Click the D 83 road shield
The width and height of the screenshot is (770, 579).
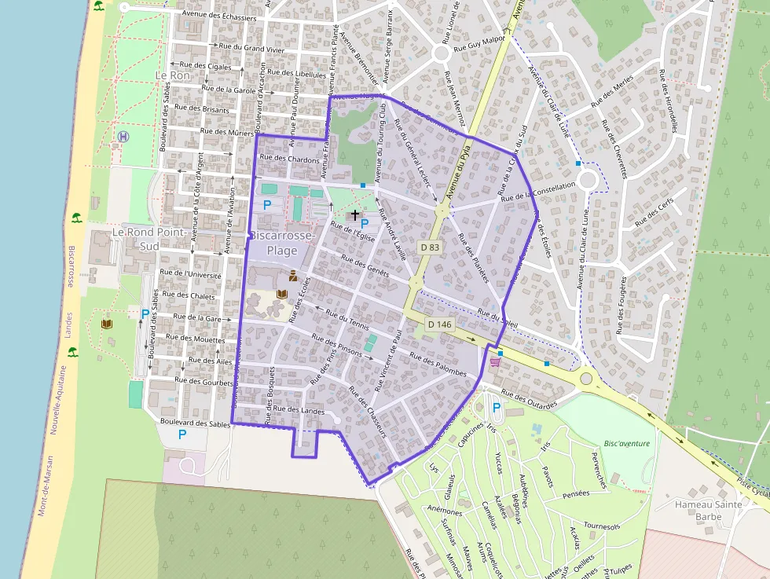[x=429, y=247]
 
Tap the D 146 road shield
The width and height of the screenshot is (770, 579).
[x=439, y=324]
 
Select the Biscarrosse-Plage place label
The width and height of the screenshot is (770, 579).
[x=282, y=244]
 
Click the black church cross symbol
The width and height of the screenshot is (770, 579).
[x=354, y=214]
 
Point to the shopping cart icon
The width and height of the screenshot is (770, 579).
[x=495, y=362]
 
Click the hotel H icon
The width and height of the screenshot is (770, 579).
[x=123, y=137]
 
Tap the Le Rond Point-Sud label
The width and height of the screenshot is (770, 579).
[x=148, y=240]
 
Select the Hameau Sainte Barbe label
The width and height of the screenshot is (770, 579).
[x=708, y=511]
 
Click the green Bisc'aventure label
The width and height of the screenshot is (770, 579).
[x=627, y=443]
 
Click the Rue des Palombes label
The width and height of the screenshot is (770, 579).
[x=438, y=362]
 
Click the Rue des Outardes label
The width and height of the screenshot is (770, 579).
[x=528, y=400]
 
